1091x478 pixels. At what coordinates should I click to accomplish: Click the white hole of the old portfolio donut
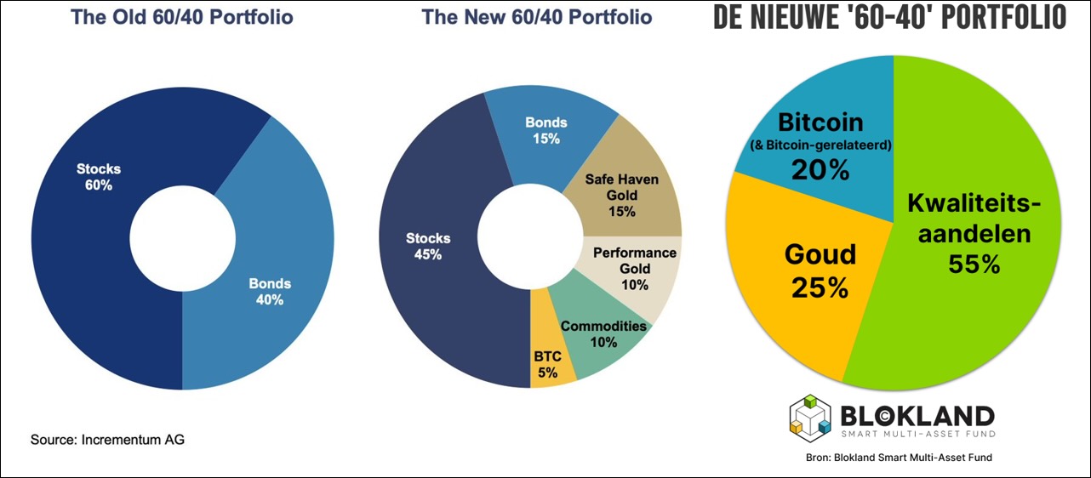182,231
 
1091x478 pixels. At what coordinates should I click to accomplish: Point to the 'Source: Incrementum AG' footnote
107,440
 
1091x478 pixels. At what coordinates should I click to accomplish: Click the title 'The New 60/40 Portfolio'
537,18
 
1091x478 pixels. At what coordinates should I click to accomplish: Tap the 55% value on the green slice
975,265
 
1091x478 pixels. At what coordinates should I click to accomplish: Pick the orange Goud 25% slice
791,281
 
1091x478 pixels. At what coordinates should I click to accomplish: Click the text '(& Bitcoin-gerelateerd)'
820,145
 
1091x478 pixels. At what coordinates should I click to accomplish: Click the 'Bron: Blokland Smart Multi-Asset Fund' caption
899,458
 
